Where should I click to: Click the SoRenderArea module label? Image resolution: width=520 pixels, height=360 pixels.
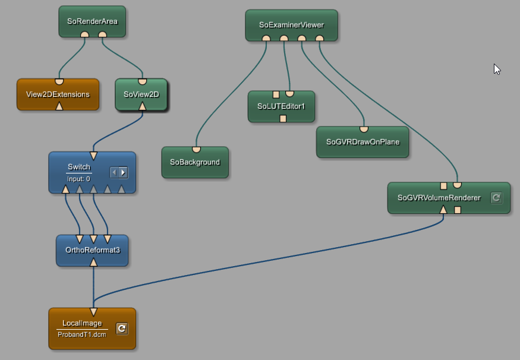pos(92,21)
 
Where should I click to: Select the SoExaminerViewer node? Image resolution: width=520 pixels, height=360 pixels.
pos(291,25)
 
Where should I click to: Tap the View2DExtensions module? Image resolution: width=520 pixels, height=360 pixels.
pos(58,94)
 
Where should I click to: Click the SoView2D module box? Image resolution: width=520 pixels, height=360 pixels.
pos(141,94)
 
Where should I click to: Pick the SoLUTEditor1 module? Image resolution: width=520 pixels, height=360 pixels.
pos(281,106)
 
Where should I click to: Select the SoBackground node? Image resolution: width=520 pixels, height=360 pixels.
pos(195,162)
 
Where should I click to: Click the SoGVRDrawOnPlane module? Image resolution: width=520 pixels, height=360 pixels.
pos(363,142)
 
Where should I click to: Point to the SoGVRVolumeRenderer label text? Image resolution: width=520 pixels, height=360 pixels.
pos(439,198)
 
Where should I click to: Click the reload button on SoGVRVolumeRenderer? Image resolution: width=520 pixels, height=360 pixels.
pos(496,198)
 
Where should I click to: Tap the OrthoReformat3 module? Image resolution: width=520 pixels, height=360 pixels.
pos(92,250)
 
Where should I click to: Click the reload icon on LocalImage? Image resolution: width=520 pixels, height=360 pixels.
pos(122,328)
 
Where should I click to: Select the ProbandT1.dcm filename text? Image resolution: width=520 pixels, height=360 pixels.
pos(82,334)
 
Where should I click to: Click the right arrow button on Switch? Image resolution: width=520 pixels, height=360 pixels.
pos(123,172)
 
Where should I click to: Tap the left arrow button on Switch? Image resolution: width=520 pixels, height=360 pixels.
pos(115,172)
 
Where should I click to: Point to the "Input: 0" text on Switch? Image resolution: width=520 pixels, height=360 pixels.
pos(78,178)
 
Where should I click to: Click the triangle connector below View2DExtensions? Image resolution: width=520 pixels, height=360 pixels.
pos(59,106)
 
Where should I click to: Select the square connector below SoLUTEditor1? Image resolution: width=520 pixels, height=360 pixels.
pos(283,118)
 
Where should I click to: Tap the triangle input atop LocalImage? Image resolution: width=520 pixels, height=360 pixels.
pos(93,312)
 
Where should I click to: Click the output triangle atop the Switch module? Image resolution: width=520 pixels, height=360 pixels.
pos(93,156)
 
